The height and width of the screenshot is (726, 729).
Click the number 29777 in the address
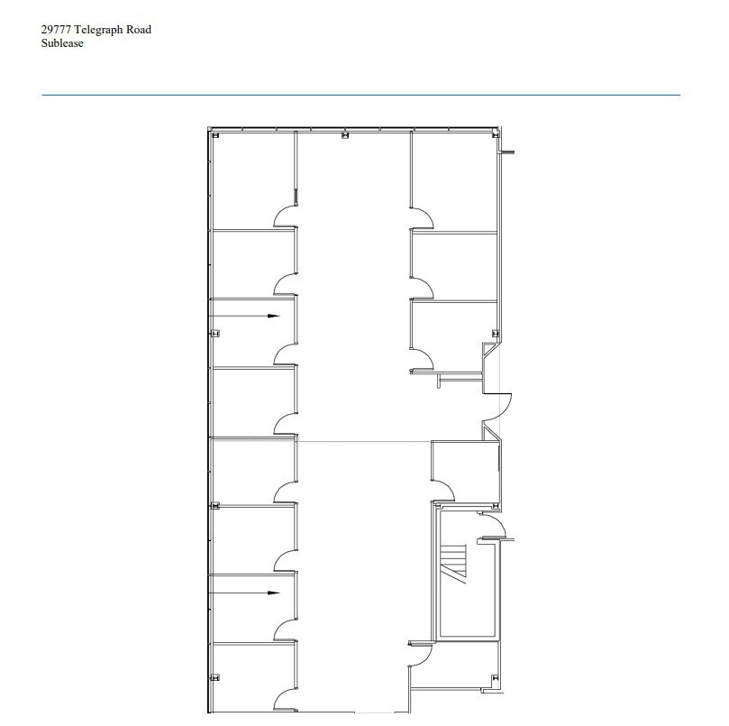pyautogui.click(x=57, y=30)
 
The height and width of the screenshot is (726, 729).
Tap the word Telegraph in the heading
pyautogui.click(x=100, y=30)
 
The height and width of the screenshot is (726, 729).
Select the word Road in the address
pyautogui.click(x=139, y=30)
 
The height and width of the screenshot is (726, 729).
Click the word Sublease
pyautogui.click(x=62, y=43)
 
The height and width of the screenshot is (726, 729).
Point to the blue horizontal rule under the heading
pyautogui.click(x=360, y=95)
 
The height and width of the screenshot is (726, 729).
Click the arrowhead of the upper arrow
pyautogui.click(x=275, y=316)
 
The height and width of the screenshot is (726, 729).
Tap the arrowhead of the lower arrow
pyautogui.click(x=275, y=593)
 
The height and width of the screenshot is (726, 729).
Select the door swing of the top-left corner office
pyautogui.click(x=286, y=216)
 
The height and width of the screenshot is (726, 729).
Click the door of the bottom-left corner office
pyautogui.click(x=286, y=700)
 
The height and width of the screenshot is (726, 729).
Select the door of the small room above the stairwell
pyautogui.click(x=443, y=490)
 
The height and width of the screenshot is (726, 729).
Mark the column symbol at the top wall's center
pyautogui.click(x=343, y=136)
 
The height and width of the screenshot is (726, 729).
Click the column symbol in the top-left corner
pyautogui.click(x=215, y=136)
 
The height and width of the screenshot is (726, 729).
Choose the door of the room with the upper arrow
pyautogui.click(x=286, y=354)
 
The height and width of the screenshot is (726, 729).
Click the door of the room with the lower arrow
pyautogui.click(x=286, y=629)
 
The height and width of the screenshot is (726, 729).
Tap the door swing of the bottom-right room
pyautogui.click(x=421, y=656)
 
